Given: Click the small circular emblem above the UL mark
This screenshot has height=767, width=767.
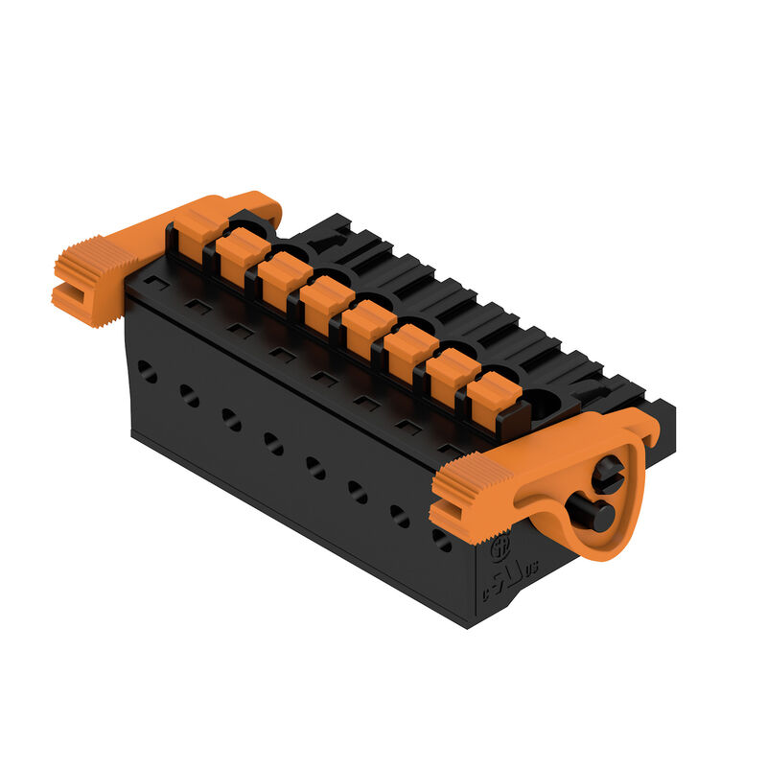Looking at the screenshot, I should click(x=500, y=550).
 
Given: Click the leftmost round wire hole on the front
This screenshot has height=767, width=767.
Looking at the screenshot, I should click(x=147, y=371).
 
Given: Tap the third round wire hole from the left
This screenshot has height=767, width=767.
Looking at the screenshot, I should click(x=231, y=419).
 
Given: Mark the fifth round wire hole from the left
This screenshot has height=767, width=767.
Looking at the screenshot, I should click(x=315, y=467).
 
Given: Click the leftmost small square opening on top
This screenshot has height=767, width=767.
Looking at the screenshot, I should click(x=157, y=285).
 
